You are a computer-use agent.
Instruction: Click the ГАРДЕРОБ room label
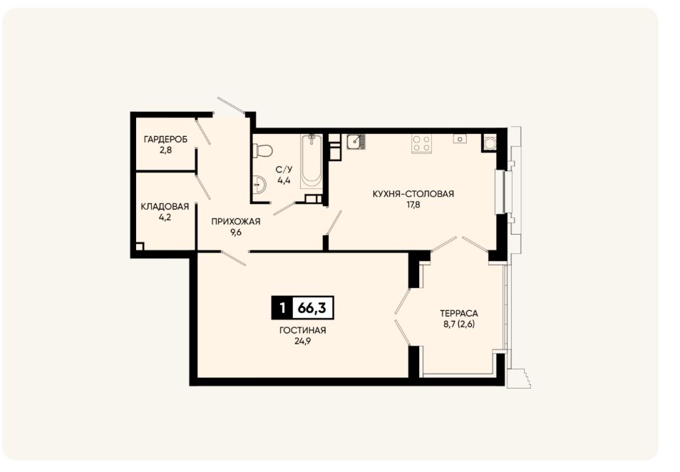(x=165, y=140)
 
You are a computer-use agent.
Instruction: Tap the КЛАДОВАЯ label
(x=165, y=207)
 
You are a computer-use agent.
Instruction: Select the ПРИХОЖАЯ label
(x=235, y=222)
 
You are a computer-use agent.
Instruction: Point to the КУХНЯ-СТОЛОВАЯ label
(x=413, y=194)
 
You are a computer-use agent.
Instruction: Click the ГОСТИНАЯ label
(x=303, y=330)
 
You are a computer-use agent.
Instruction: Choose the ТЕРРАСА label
(x=459, y=313)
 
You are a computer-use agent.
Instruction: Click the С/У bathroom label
(x=284, y=170)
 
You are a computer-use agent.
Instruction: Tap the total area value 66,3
(x=311, y=308)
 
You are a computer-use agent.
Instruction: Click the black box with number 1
(x=283, y=308)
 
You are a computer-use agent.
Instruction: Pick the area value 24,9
(x=303, y=341)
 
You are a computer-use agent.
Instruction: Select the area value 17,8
(x=413, y=205)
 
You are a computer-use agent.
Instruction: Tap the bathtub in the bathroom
(x=311, y=161)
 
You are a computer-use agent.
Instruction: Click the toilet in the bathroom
(x=263, y=151)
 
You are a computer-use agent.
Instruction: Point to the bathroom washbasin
(x=259, y=185)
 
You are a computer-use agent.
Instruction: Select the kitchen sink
(x=356, y=142)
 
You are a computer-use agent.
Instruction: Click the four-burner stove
(x=421, y=144)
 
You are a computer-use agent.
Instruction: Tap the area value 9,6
(x=235, y=232)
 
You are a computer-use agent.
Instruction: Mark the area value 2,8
(x=165, y=150)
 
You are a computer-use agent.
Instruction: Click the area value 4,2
(x=165, y=217)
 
